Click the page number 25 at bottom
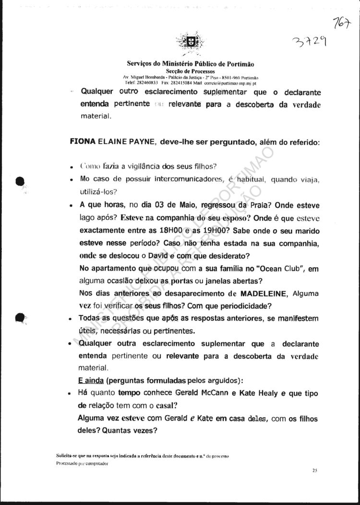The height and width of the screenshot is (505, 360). (314, 471)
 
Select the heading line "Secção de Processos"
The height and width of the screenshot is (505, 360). (190, 70)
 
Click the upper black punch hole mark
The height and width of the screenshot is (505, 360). (20, 181)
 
